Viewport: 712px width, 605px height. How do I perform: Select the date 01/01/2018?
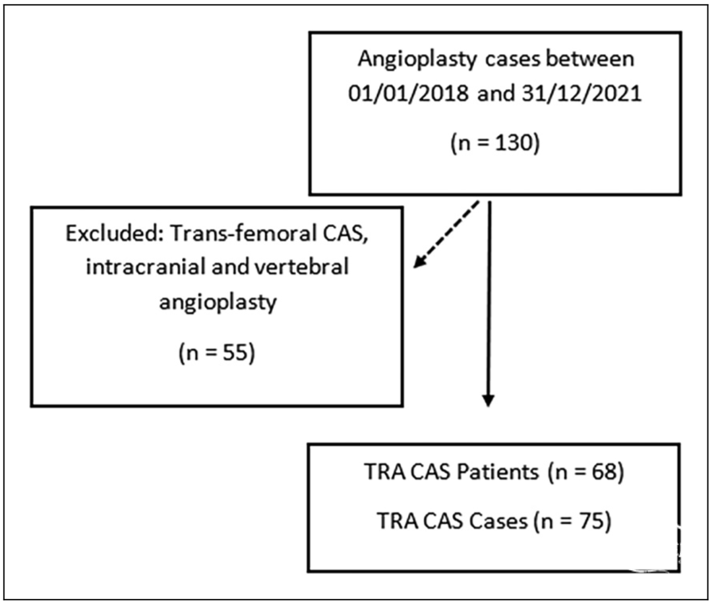(408, 93)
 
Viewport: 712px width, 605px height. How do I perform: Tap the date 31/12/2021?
(581, 93)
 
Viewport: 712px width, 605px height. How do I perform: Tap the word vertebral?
(301, 267)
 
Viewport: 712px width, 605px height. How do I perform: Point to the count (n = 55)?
(217, 353)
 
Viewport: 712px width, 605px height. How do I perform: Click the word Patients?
(498, 472)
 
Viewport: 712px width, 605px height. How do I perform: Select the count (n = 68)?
(586, 472)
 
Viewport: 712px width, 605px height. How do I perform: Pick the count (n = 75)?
(573, 521)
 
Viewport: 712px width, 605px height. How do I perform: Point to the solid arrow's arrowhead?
(488, 399)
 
